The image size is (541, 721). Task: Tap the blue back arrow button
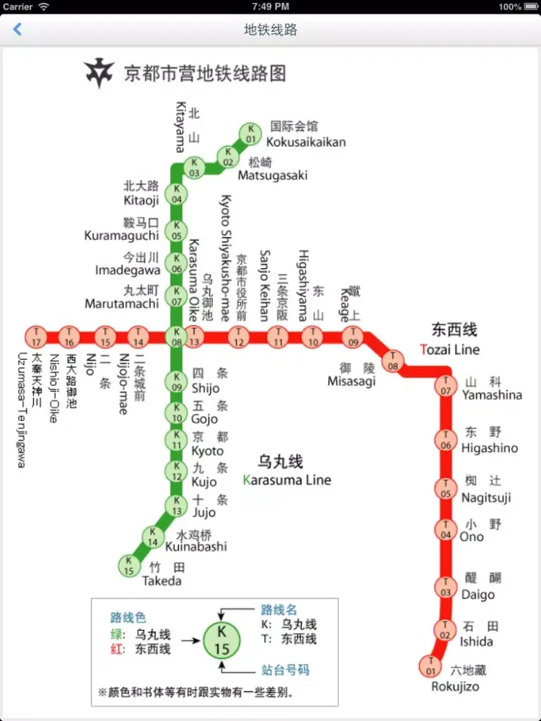(x=17, y=30)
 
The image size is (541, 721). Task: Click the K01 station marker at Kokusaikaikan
(x=250, y=133)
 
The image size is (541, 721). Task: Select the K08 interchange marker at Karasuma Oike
(x=176, y=336)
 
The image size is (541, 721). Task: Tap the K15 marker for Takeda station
(x=129, y=565)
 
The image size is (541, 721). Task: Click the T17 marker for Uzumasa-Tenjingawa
(x=35, y=336)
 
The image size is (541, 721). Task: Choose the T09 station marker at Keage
(x=353, y=336)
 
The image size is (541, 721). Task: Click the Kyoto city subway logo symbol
(x=100, y=74)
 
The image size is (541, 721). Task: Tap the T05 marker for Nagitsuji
(x=446, y=490)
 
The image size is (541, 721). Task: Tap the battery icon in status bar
(x=530, y=6)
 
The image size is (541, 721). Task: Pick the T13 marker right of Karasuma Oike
(x=194, y=336)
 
